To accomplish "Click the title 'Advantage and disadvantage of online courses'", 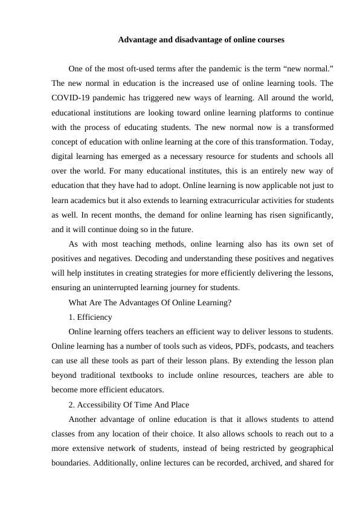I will [201, 40].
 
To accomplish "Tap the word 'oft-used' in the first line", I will [144, 68].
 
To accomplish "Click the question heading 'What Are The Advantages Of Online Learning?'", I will [150, 302].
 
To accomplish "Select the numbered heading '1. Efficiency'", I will [90, 317].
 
